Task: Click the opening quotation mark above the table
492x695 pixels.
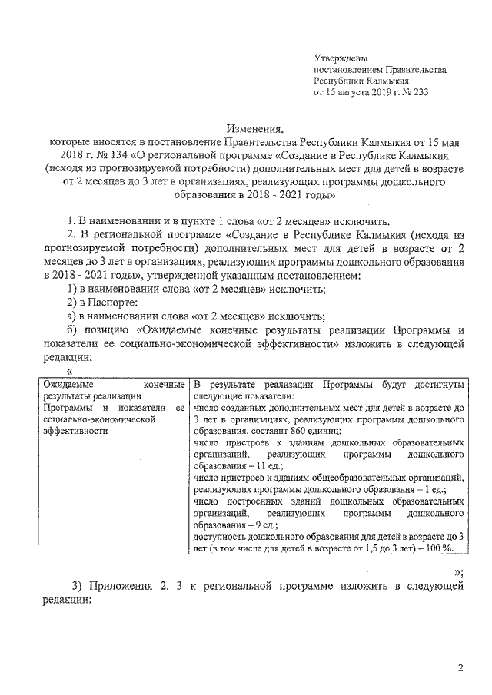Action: point(69,371)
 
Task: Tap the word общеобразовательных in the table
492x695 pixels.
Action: point(359,478)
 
